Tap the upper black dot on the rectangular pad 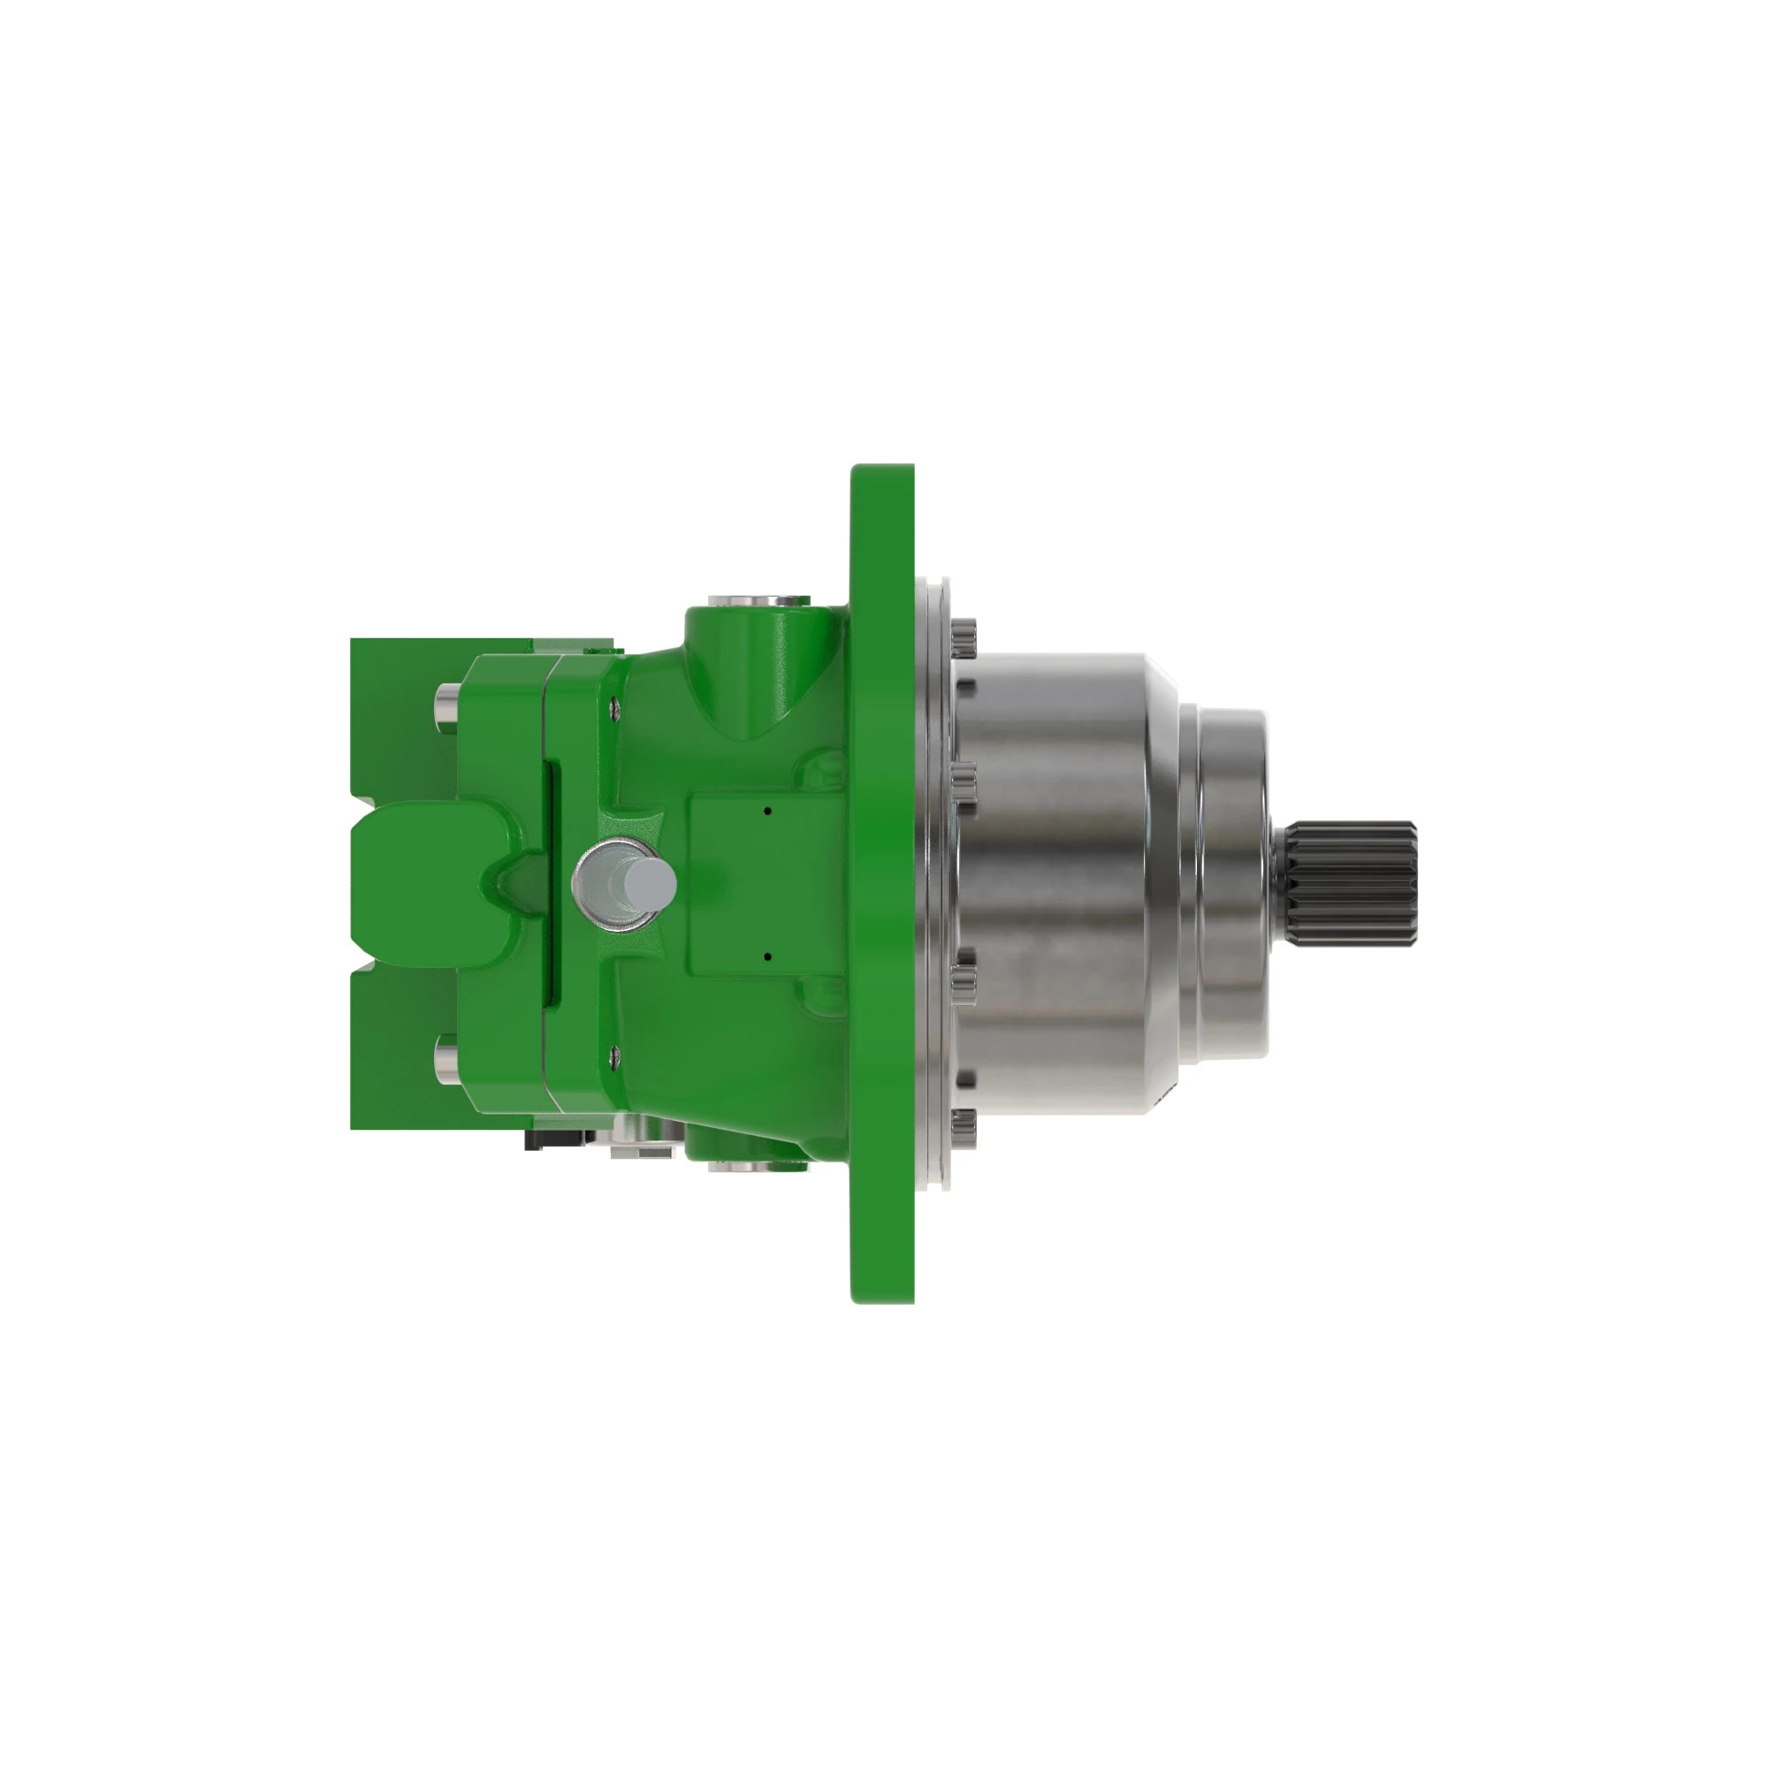(x=768, y=810)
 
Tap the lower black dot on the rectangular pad (x=768, y=957)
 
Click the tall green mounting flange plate (x=881, y=883)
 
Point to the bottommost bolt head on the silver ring (x=964, y=1127)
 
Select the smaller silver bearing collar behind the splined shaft (x=1231, y=883)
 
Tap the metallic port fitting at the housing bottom (x=746, y=1167)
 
